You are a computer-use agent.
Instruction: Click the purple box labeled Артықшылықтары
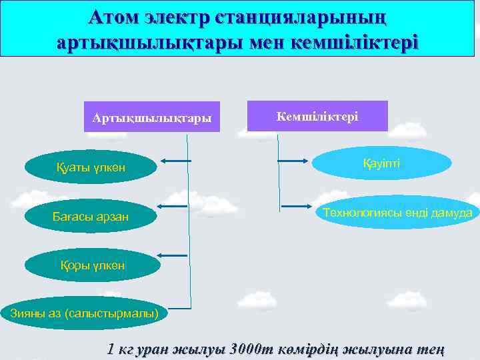point(152,117)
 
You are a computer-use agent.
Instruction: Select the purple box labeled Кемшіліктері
point(317,116)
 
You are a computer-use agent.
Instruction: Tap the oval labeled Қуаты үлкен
point(91,167)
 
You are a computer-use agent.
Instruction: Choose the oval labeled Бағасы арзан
point(91,216)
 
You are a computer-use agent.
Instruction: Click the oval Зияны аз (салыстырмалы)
point(85,313)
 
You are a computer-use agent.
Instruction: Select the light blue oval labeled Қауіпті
point(381,164)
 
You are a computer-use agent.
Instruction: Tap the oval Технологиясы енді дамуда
point(397,213)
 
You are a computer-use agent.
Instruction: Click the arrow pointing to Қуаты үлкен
point(175,161)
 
